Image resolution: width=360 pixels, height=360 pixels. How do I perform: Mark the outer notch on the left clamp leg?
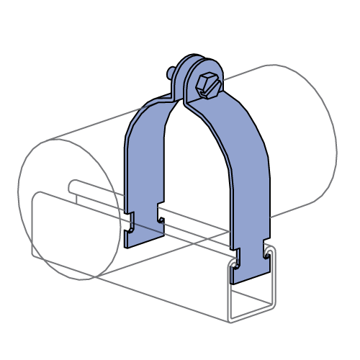click(x=128, y=220)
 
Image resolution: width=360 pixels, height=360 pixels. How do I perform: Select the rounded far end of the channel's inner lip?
click(x=73, y=186)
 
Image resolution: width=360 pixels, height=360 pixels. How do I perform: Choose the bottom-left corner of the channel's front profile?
click(x=230, y=321)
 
